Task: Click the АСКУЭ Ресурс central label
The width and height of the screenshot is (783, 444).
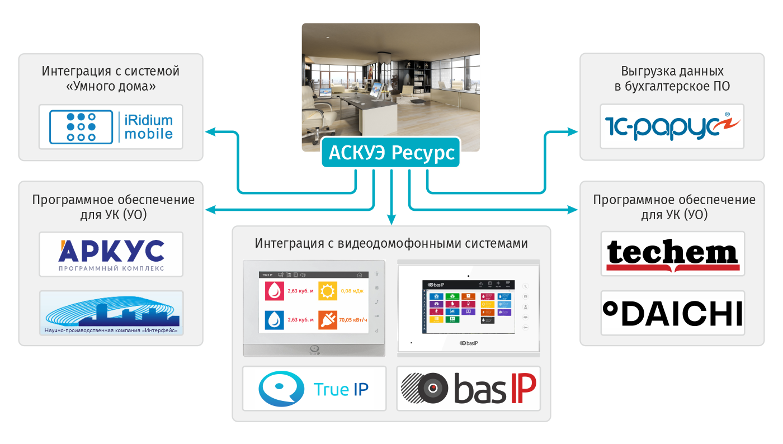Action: [x=391, y=152]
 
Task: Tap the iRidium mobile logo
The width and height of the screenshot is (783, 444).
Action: [x=111, y=126]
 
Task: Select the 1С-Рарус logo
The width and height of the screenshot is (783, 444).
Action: [x=672, y=126]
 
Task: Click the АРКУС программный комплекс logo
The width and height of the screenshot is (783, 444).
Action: [x=111, y=254]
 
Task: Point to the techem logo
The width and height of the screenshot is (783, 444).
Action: [x=672, y=254]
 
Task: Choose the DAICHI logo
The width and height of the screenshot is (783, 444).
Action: [x=672, y=313]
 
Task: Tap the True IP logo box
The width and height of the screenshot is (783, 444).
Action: [x=314, y=389]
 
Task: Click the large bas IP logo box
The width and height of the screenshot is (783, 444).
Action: [x=469, y=389]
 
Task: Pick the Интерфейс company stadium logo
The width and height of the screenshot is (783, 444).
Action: [x=111, y=313]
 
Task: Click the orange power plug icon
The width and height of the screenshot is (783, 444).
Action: [x=327, y=320]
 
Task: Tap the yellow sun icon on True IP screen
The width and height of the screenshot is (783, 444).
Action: [x=327, y=291]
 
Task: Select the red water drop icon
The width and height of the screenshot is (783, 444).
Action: [x=274, y=291]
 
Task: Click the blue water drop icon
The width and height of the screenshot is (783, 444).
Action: [x=274, y=320]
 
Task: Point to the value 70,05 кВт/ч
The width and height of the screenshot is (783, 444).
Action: [x=353, y=320]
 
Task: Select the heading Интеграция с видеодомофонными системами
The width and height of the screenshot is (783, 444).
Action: [x=391, y=244]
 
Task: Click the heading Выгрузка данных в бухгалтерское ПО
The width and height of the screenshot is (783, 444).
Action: [x=672, y=79]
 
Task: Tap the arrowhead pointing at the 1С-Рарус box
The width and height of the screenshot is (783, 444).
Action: [x=574, y=132]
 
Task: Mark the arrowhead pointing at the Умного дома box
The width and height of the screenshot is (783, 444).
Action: [x=210, y=132]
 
